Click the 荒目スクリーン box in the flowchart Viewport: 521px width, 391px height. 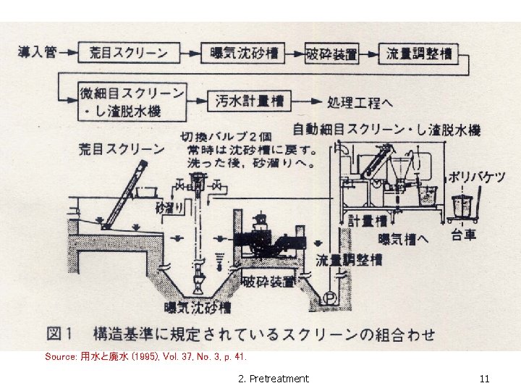129,53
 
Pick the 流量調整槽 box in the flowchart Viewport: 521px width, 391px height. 419,53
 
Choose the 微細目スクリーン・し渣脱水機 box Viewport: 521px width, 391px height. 132,102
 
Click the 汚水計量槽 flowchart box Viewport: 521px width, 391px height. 249,101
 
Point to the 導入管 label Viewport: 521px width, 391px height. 35,53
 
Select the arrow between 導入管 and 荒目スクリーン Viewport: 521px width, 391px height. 67,53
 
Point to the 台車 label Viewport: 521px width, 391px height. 463,235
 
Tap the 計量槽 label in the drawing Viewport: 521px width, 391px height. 362,220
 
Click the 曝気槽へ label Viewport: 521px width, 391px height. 404,238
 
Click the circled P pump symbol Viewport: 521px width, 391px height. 330,296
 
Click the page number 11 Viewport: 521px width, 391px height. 484,378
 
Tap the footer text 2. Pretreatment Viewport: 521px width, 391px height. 273,378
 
